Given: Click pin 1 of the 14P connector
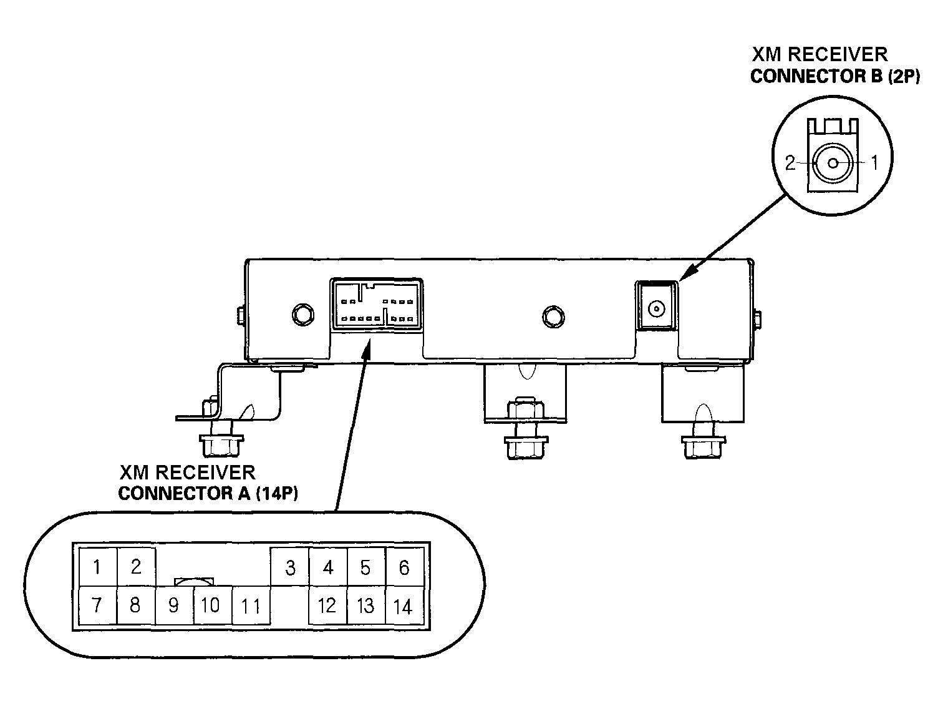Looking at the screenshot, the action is pos(97,567).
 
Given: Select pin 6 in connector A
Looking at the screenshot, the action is pos(405,567).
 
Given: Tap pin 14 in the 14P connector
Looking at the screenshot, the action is pos(405,605).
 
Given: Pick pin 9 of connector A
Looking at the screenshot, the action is pos(174,605).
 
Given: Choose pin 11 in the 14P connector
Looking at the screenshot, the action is pos(251,605).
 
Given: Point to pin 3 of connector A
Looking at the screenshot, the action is pos(289,567).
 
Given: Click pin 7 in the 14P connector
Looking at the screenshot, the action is pos(97,605).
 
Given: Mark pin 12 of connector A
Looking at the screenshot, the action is pos(328,605).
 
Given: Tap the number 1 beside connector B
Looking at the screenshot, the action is pos(874,162).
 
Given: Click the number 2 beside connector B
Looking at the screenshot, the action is pos(790,163).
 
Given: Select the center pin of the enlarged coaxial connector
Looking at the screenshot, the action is pos(833,164).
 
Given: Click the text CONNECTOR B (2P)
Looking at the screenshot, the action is pos(835,77).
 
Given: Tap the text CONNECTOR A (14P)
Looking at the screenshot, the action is pos(208,494).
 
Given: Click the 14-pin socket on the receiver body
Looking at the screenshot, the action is pos(376,305).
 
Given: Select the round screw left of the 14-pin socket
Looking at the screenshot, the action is pos(303,315).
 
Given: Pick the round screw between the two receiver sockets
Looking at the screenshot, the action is pos(553,317).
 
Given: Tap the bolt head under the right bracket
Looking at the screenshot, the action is pos(704,447).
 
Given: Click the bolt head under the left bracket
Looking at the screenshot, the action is pos(221,445).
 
